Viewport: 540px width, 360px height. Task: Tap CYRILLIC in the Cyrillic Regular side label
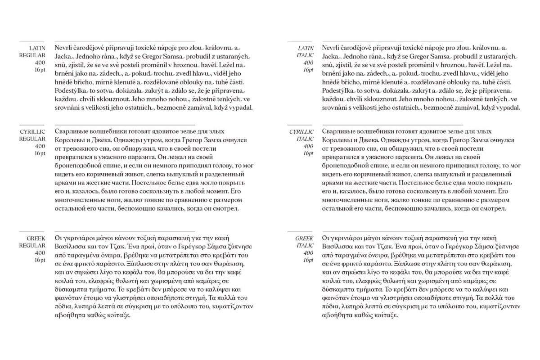pos(33,132)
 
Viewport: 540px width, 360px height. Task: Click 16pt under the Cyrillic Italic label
pos(308,153)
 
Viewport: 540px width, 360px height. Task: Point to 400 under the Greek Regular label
pos(40,253)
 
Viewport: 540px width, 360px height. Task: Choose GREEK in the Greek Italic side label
pos(305,238)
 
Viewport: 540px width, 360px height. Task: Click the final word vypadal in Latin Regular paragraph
pos(242,108)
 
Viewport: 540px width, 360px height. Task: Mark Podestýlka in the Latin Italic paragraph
pos(340,90)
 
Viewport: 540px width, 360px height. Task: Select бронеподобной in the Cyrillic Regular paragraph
pos(78,166)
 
